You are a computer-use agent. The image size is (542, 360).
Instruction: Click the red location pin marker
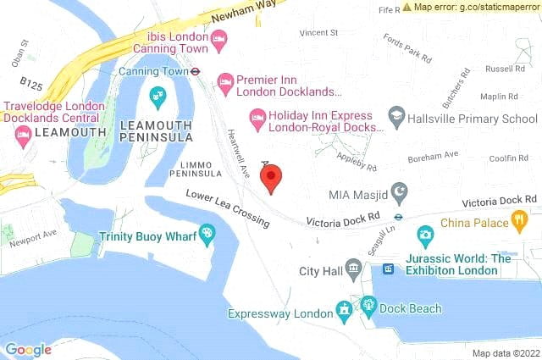click(x=270, y=179)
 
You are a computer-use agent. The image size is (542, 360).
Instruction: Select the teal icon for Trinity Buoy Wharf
click(x=206, y=236)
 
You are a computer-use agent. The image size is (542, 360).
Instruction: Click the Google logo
click(x=28, y=349)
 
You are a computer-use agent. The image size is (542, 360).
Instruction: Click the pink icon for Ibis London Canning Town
click(x=219, y=38)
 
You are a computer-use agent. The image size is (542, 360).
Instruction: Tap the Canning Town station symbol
click(x=195, y=72)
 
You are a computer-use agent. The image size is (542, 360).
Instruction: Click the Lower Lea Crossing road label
click(x=229, y=209)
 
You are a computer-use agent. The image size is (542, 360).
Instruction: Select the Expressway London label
click(x=280, y=313)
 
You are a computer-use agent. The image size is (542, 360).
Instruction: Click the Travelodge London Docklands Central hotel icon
click(x=23, y=135)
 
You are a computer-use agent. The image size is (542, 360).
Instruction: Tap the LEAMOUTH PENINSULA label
click(x=156, y=131)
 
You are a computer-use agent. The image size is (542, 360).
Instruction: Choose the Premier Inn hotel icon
click(x=225, y=82)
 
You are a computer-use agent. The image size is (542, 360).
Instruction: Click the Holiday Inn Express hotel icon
click(x=257, y=116)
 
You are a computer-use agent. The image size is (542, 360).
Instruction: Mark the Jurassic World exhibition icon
click(x=389, y=269)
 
